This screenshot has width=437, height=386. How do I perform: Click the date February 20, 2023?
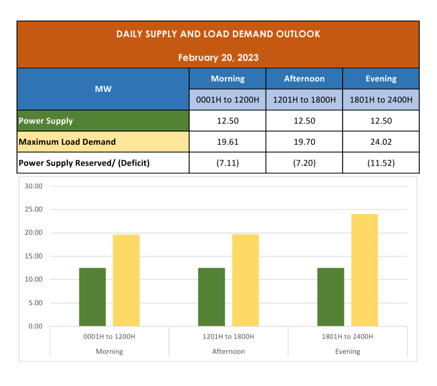click(x=218, y=57)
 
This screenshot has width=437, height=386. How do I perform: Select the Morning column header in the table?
click(x=227, y=79)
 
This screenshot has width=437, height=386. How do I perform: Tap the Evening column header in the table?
click(x=381, y=79)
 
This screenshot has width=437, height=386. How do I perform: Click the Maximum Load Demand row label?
click(x=67, y=142)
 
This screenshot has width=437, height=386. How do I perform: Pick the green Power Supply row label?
click(x=46, y=121)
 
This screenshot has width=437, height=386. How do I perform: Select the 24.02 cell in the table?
click(x=381, y=142)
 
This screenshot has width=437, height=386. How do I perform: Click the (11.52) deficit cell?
click(x=381, y=163)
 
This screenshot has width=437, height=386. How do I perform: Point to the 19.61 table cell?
click(x=227, y=142)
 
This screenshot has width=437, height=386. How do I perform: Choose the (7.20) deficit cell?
click(x=304, y=163)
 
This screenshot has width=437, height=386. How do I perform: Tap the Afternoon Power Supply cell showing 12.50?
click(x=304, y=121)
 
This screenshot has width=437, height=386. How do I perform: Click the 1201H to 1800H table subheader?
click(x=304, y=100)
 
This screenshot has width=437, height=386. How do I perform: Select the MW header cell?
click(x=103, y=89)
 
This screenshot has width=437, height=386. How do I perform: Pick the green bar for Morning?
click(x=92, y=297)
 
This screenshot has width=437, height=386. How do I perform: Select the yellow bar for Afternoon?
click(x=245, y=280)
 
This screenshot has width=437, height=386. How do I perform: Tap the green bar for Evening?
click(x=331, y=297)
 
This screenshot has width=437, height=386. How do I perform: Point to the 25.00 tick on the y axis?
click(x=34, y=209)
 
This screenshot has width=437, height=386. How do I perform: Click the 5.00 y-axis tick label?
click(x=34, y=303)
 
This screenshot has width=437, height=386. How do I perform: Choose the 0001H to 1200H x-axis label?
click(x=109, y=336)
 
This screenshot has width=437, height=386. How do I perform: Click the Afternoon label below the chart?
click(x=228, y=351)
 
